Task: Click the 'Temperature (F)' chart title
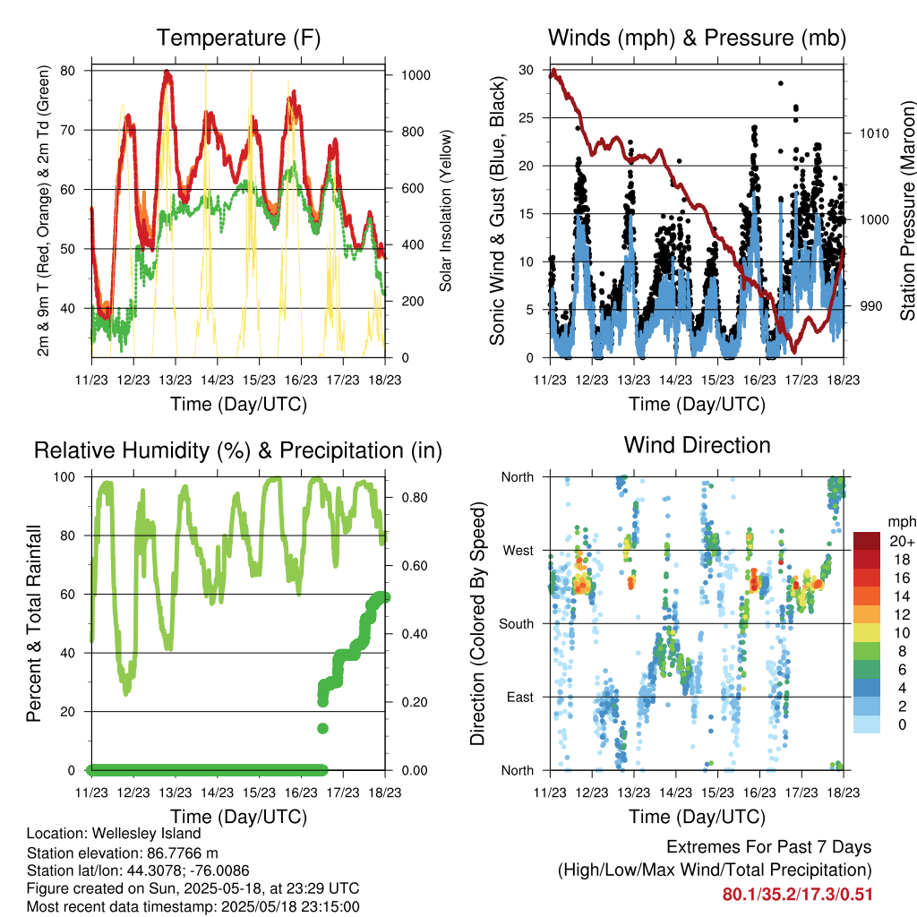[x=238, y=38]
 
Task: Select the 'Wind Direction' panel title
[x=697, y=445]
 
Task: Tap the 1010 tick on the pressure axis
[x=874, y=133]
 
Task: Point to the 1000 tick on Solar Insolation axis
[x=416, y=75]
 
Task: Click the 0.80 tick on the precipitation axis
[x=415, y=498]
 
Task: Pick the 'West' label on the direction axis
[x=518, y=551]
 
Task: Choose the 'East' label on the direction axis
[x=520, y=697]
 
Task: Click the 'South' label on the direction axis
[x=517, y=624]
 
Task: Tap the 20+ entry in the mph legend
[x=902, y=541]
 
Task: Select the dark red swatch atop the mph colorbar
[x=867, y=541]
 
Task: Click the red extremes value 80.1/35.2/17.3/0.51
[x=797, y=895]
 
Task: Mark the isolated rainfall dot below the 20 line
[x=322, y=728]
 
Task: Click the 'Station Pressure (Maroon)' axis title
[x=907, y=210]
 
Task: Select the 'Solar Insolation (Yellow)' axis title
[x=446, y=210]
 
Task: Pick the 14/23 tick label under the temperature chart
[x=217, y=380]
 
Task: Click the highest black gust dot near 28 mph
[x=781, y=83]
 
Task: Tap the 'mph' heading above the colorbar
[x=901, y=522]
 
